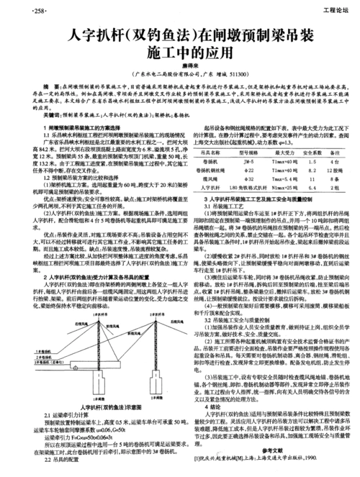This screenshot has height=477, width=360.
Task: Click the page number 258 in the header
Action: coord(17,10)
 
